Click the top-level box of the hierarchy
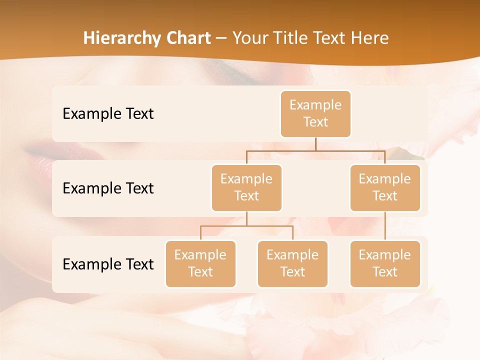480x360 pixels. pyautogui.click(x=315, y=114)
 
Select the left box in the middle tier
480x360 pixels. pyautogui.click(x=246, y=188)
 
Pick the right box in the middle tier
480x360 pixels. pyautogui.click(x=385, y=188)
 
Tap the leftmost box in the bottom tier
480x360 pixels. pyautogui.click(x=200, y=264)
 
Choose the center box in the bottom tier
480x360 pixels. pyautogui.click(x=292, y=264)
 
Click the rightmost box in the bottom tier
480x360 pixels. pyautogui.click(x=385, y=264)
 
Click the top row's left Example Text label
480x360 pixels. pyautogui.click(x=108, y=114)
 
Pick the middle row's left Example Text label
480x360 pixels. pyautogui.click(x=108, y=188)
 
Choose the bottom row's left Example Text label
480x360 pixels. pyautogui.click(x=108, y=264)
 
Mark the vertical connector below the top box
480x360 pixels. pyautogui.click(x=315, y=144)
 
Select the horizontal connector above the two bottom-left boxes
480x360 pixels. pyautogui.click(x=246, y=226)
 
